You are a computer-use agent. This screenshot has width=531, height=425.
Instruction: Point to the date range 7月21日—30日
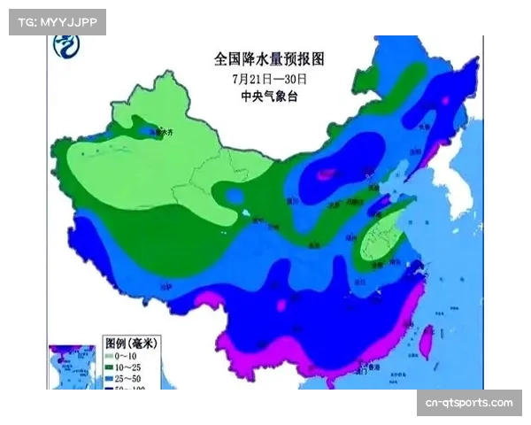tap(269, 79)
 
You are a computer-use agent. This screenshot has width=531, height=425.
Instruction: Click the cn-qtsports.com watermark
tap(467, 403)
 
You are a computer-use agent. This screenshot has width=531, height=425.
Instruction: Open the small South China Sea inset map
tap(72, 366)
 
